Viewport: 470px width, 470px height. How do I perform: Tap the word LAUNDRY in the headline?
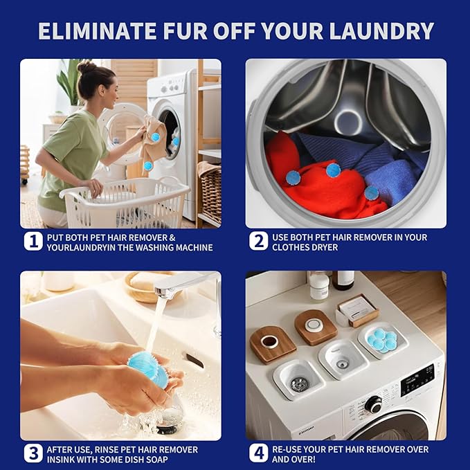[x=381, y=31]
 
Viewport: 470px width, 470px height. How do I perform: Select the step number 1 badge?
[x=33, y=242]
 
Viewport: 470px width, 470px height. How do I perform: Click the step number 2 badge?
[x=258, y=241]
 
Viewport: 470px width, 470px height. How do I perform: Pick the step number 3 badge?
[x=33, y=453]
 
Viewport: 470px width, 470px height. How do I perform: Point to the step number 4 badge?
[x=258, y=453]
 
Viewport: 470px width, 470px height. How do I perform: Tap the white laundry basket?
[x=126, y=202]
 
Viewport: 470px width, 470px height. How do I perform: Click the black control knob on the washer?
[x=374, y=404]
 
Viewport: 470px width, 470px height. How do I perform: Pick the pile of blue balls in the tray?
[x=383, y=340]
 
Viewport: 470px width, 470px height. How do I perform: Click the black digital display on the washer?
[x=417, y=380]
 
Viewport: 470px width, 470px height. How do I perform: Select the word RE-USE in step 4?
[x=287, y=449]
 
